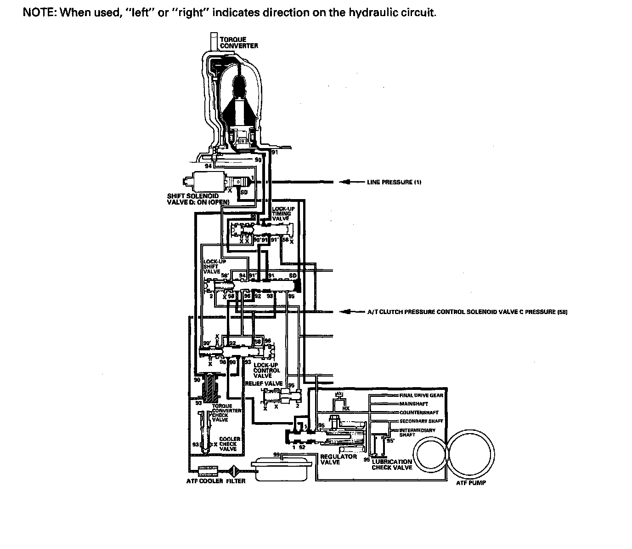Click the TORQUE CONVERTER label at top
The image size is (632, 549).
coord(238,43)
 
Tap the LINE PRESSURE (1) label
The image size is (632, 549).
coord(394,182)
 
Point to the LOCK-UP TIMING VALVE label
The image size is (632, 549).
coord(282,213)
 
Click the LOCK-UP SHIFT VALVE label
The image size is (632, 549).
coord(214,267)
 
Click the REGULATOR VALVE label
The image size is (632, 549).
coord(338,459)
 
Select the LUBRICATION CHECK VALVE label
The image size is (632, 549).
coord(391,464)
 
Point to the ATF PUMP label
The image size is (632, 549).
coord(471,483)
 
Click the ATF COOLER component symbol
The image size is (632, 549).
coord(207,470)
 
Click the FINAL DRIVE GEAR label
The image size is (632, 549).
coord(421,395)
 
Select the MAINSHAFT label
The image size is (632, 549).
coord(413,404)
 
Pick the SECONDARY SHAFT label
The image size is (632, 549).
coord(421,421)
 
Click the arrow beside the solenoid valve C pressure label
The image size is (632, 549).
coord(349,312)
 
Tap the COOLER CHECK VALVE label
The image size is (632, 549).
coord(229,444)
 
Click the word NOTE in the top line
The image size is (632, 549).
coord(39,12)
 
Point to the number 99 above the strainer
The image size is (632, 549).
coord(276,454)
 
